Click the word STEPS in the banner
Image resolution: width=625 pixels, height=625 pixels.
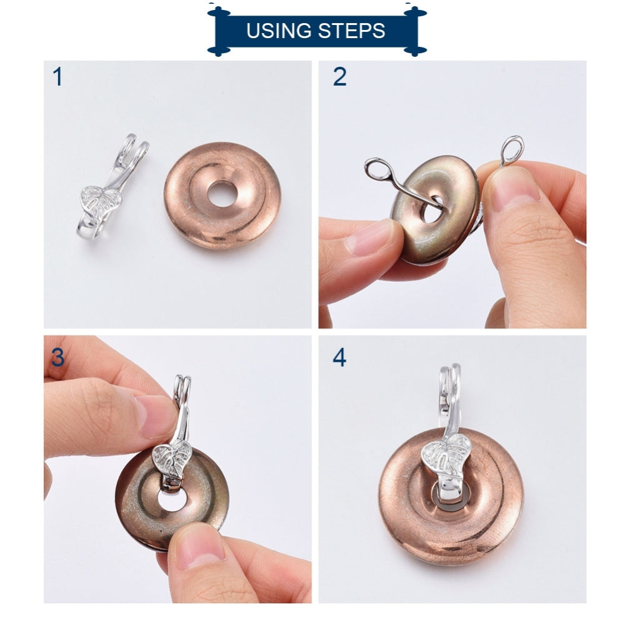tap(352, 31)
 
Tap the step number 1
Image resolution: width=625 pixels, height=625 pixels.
tap(57, 77)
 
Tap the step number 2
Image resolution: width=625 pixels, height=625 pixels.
tap(339, 76)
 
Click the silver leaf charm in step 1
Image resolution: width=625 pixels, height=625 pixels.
tap(101, 199)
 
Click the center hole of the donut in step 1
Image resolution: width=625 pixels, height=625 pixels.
tap(222, 194)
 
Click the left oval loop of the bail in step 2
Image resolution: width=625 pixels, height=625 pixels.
tap(378, 170)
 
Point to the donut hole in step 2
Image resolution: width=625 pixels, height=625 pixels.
tap(432, 209)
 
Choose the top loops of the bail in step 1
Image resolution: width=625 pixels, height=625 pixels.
tap(134, 150)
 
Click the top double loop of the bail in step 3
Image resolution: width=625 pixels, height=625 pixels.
tap(182, 387)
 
